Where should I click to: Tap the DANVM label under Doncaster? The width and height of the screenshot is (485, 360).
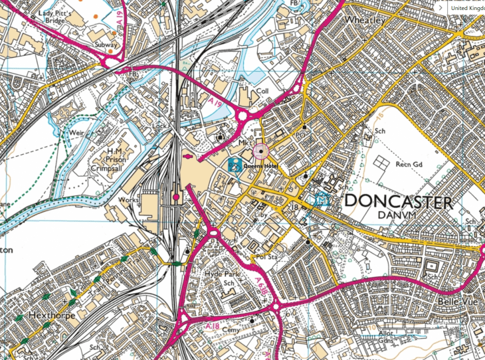[x=397, y=216]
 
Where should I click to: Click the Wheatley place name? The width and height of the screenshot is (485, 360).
[x=365, y=20]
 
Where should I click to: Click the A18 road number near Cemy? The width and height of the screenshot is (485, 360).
[x=212, y=325]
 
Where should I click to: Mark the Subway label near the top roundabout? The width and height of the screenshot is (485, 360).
[x=106, y=45]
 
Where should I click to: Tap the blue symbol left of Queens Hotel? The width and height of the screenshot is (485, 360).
[x=235, y=165]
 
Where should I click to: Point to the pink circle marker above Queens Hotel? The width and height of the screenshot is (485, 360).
[x=261, y=152]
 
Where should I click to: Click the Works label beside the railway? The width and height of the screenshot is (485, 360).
[x=128, y=199]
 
